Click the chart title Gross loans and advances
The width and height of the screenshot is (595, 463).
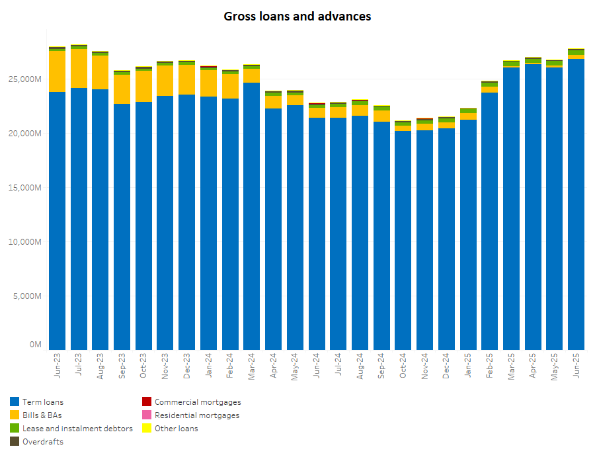click(x=297, y=16)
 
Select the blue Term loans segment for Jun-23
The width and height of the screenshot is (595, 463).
click(x=58, y=218)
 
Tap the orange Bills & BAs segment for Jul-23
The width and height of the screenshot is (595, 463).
click(x=79, y=68)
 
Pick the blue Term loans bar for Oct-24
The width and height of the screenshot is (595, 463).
click(x=403, y=238)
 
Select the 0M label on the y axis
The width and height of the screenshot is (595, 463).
click(x=36, y=345)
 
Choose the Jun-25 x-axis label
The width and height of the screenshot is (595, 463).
click(x=576, y=364)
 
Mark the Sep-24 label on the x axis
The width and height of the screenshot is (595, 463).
click(x=381, y=364)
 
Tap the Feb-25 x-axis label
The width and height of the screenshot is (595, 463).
click(x=490, y=364)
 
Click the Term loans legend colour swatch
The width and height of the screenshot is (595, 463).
click(x=15, y=401)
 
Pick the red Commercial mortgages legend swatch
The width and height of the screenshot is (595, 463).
click(x=147, y=401)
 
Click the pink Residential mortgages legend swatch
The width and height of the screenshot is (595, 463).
click(x=147, y=415)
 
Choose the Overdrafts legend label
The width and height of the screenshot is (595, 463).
click(x=43, y=442)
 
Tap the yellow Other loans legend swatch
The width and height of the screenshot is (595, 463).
click(x=147, y=429)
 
